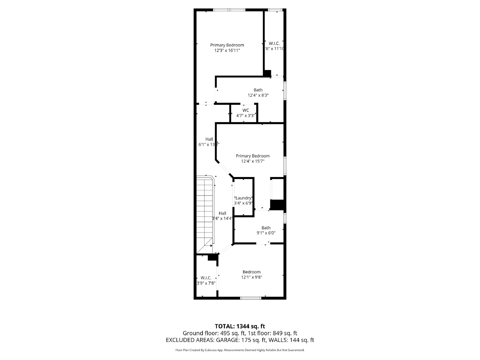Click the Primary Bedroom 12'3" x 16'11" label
click(x=227, y=48)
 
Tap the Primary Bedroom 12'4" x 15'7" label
click(x=253, y=158)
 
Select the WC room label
click(x=246, y=113)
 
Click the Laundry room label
click(x=243, y=200)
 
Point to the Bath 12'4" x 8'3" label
click(x=258, y=93)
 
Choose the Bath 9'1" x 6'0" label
click(x=266, y=230)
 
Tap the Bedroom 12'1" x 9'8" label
click(x=252, y=274)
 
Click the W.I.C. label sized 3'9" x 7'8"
click(x=206, y=280)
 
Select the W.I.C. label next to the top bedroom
click(x=274, y=46)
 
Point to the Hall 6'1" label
click(x=209, y=142)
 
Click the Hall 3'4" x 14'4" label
click(x=222, y=216)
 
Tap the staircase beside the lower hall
click(x=205, y=214)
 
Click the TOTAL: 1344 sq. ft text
click(x=240, y=326)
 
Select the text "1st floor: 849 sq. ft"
click(x=273, y=333)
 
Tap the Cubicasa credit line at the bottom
click(x=240, y=350)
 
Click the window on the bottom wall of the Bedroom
click(x=251, y=298)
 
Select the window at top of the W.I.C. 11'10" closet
click(x=273, y=10)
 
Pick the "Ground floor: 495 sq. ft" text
click(x=214, y=333)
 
